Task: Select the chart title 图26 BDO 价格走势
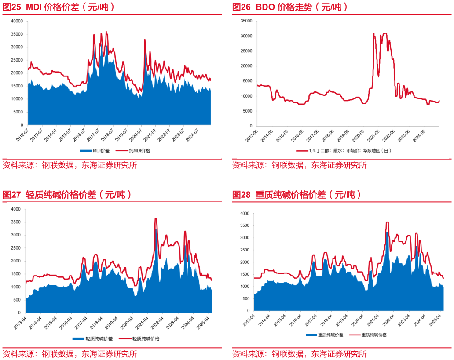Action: (290, 7)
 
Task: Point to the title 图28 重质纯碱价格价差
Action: (297, 195)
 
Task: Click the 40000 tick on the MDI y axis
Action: (17, 21)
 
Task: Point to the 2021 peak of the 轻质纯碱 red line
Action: (156, 218)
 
